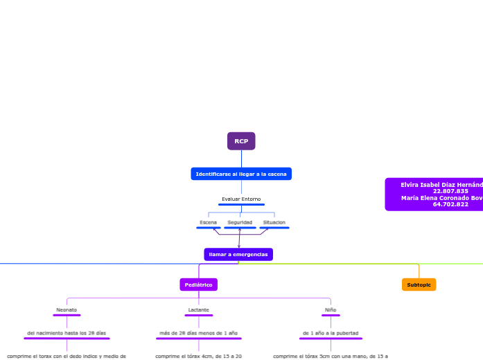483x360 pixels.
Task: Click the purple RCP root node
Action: click(241, 141)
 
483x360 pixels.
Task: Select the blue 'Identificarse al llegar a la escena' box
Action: click(241, 174)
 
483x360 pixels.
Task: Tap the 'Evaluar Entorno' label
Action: click(241, 199)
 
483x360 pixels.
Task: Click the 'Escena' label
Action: click(208, 222)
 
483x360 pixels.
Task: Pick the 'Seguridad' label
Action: click(240, 222)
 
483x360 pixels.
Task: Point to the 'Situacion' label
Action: click(274, 222)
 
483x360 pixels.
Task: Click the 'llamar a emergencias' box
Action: click(238, 255)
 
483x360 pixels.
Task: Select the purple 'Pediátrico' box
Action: click(199, 285)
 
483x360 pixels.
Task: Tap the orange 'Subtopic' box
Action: click(419, 285)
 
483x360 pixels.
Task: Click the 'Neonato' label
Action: click(67, 309)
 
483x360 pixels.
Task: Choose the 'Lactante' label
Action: click(198, 309)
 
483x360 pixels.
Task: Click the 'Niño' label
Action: click(331, 309)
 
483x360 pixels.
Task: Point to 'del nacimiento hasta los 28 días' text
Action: click(67, 333)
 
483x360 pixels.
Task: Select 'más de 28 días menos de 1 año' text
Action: click(198, 333)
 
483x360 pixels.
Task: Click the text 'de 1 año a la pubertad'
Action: click(331, 333)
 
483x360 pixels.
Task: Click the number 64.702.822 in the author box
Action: click(450, 204)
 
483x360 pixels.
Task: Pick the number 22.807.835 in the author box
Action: click(450, 191)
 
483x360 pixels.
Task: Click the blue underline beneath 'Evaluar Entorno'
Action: click(241, 205)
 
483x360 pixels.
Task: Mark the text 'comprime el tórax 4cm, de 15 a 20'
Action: click(198, 356)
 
